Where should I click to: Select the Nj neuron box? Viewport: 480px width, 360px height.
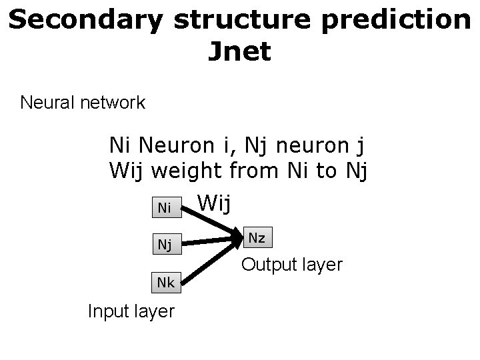tap(164, 245)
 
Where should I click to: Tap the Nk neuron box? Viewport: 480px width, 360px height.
tap(166, 283)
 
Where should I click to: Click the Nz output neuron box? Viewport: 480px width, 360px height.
tap(257, 237)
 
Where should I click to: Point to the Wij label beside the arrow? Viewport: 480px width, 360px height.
tap(215, 202)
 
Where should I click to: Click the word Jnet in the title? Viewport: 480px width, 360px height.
tap(239, 51)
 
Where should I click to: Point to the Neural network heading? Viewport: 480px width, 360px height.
tap(83, 103)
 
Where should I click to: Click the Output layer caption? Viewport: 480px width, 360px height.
tap(292, 265)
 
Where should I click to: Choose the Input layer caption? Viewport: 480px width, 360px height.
tap(131, 311)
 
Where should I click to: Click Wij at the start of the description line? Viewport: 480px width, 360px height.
tap(127, 171)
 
